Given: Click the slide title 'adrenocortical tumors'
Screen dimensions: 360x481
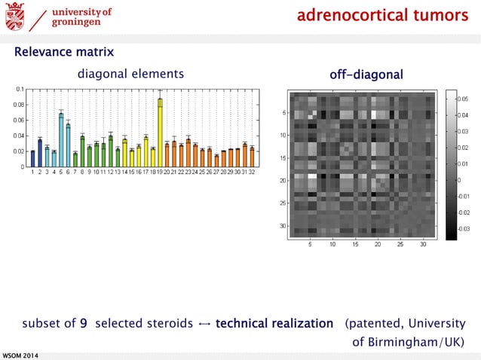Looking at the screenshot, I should point(382,16).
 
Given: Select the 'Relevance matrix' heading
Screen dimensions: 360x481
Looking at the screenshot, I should point(64,52).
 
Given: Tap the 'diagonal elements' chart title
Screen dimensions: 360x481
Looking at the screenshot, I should point(130,74).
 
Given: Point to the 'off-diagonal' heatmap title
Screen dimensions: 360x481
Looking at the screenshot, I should point(366,75).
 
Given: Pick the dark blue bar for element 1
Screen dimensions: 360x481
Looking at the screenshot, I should point(33,158).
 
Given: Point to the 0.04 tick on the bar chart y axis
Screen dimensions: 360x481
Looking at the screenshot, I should point(19,136).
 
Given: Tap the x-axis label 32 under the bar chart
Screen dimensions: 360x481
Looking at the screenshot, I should point(252,172).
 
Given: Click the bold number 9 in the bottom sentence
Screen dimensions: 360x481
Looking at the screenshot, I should point(83,324).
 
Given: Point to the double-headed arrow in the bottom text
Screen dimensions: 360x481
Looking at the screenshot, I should point(204,325).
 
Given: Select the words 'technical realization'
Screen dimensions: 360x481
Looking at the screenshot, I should point(274,324).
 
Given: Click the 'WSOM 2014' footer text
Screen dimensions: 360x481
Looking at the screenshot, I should point(20,355).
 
